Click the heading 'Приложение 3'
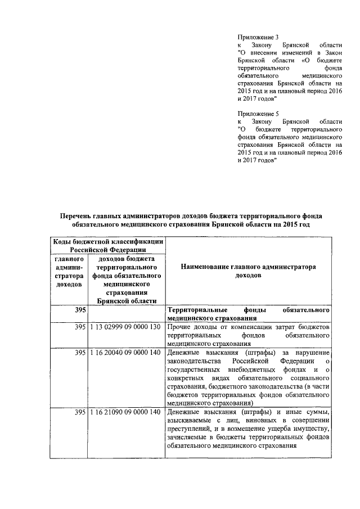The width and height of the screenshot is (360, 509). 255,37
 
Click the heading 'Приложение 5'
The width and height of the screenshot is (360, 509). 255,113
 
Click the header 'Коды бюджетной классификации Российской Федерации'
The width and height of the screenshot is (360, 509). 108,245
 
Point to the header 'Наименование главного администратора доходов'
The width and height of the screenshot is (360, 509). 248,272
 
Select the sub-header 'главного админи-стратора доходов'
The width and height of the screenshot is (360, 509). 69,272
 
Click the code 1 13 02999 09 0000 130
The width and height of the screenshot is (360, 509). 126,327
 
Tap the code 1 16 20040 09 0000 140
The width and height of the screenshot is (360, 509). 126,352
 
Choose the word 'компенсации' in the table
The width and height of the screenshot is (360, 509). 248,327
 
